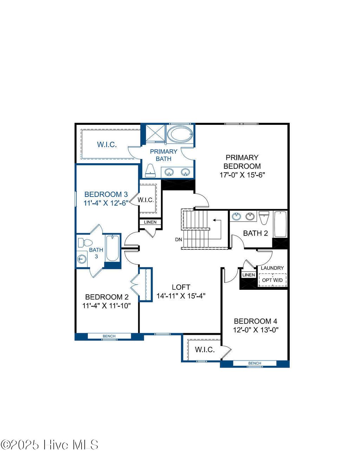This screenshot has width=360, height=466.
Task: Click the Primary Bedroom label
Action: tap(242, 162)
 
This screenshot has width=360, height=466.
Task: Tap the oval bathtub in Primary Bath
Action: tap(180, 134)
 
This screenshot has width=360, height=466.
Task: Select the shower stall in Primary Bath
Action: tap(155, 133)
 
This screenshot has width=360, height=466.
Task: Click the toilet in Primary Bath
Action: tap(150, 171)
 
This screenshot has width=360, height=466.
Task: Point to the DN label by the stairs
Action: tap(179, 240)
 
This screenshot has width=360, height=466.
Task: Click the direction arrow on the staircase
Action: tap(217, 221)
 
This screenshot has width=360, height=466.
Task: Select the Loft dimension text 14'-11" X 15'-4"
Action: tap(181, 296)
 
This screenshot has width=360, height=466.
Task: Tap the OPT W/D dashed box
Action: tap(272, 280)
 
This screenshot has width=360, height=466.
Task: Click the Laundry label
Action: tap(272, 268)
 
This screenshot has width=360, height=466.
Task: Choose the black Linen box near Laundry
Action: tap(249, 275)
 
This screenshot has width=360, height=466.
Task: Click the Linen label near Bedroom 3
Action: tap(150, 222)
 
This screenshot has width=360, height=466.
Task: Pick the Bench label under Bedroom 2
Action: tap(109, 336)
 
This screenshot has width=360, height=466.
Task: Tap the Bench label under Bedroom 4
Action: tap(255, 363)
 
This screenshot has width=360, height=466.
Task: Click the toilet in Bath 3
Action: tap(85, 243)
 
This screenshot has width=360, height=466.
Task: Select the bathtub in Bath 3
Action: tap(112, 248)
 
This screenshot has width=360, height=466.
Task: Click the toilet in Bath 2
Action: tap(264, 217)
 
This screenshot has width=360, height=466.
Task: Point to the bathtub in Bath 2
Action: tap(280, 224)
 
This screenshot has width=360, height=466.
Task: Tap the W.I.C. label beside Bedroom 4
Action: tap(205, 350)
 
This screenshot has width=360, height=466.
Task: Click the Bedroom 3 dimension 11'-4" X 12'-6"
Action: tap(105, 203)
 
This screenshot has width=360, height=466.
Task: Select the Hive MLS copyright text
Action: tap(49, 445)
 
